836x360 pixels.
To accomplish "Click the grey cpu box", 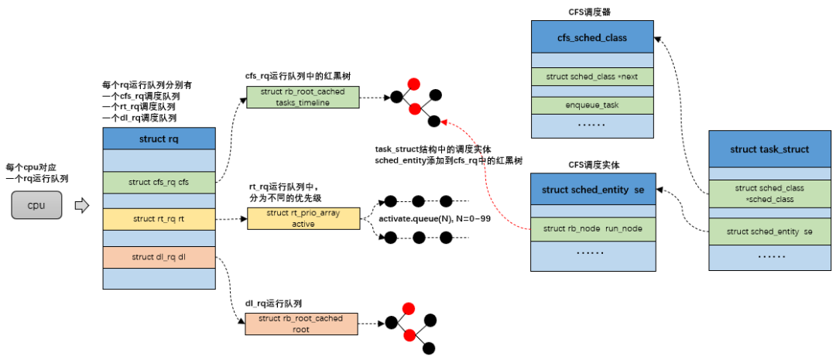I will (x=36, y=205).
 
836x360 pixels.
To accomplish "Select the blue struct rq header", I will (x=159, y=139).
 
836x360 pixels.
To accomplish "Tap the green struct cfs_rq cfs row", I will (x=159, y=182).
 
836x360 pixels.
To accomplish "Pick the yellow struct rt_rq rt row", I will (x=159, y=219).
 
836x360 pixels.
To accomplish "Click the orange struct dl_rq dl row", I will (x=159, y=257).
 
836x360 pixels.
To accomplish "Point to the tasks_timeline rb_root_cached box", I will (x=303, y=98).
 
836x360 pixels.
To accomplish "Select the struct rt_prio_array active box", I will (x=303, y=218).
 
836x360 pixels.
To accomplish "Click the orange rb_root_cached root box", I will (x=301, y=324).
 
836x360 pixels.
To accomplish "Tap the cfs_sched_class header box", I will (x=592, y=37).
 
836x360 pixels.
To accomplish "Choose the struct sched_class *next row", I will (x=592, y=77).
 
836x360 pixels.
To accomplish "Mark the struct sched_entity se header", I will (x=592, y=190).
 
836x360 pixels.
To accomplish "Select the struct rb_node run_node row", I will (x=592, y=228).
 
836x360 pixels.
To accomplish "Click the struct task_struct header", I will (x=769, y=149).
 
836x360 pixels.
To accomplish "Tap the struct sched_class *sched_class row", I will (x=769, y=194).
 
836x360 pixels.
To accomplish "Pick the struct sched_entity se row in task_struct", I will (x=769, y=231).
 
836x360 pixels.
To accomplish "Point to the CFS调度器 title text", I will (x=592, y=11).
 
